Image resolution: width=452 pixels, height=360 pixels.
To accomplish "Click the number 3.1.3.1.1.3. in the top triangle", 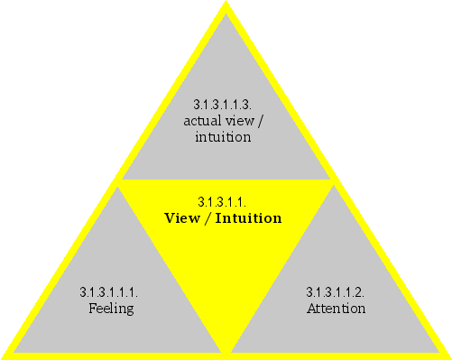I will [x=223, y=104].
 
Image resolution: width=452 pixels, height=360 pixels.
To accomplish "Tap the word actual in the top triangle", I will [x=200, y=121].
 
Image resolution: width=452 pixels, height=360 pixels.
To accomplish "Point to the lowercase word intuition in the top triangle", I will [x=223, y=138].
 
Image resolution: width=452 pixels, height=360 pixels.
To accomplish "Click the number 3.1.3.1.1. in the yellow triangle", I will [x=222, y=202].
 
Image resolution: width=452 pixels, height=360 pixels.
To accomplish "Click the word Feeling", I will [x=112, y=309].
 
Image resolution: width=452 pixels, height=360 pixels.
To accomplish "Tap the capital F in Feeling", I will [x=93, y=309].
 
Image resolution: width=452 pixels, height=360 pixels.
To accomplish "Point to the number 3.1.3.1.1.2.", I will [x=336, y=292].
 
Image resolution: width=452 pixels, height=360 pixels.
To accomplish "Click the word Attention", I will [x=336, y=309].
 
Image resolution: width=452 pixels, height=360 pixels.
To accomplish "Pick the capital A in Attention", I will [x=311, y=309].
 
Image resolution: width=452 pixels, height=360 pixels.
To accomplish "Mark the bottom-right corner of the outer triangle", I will [x=447, y=355].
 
